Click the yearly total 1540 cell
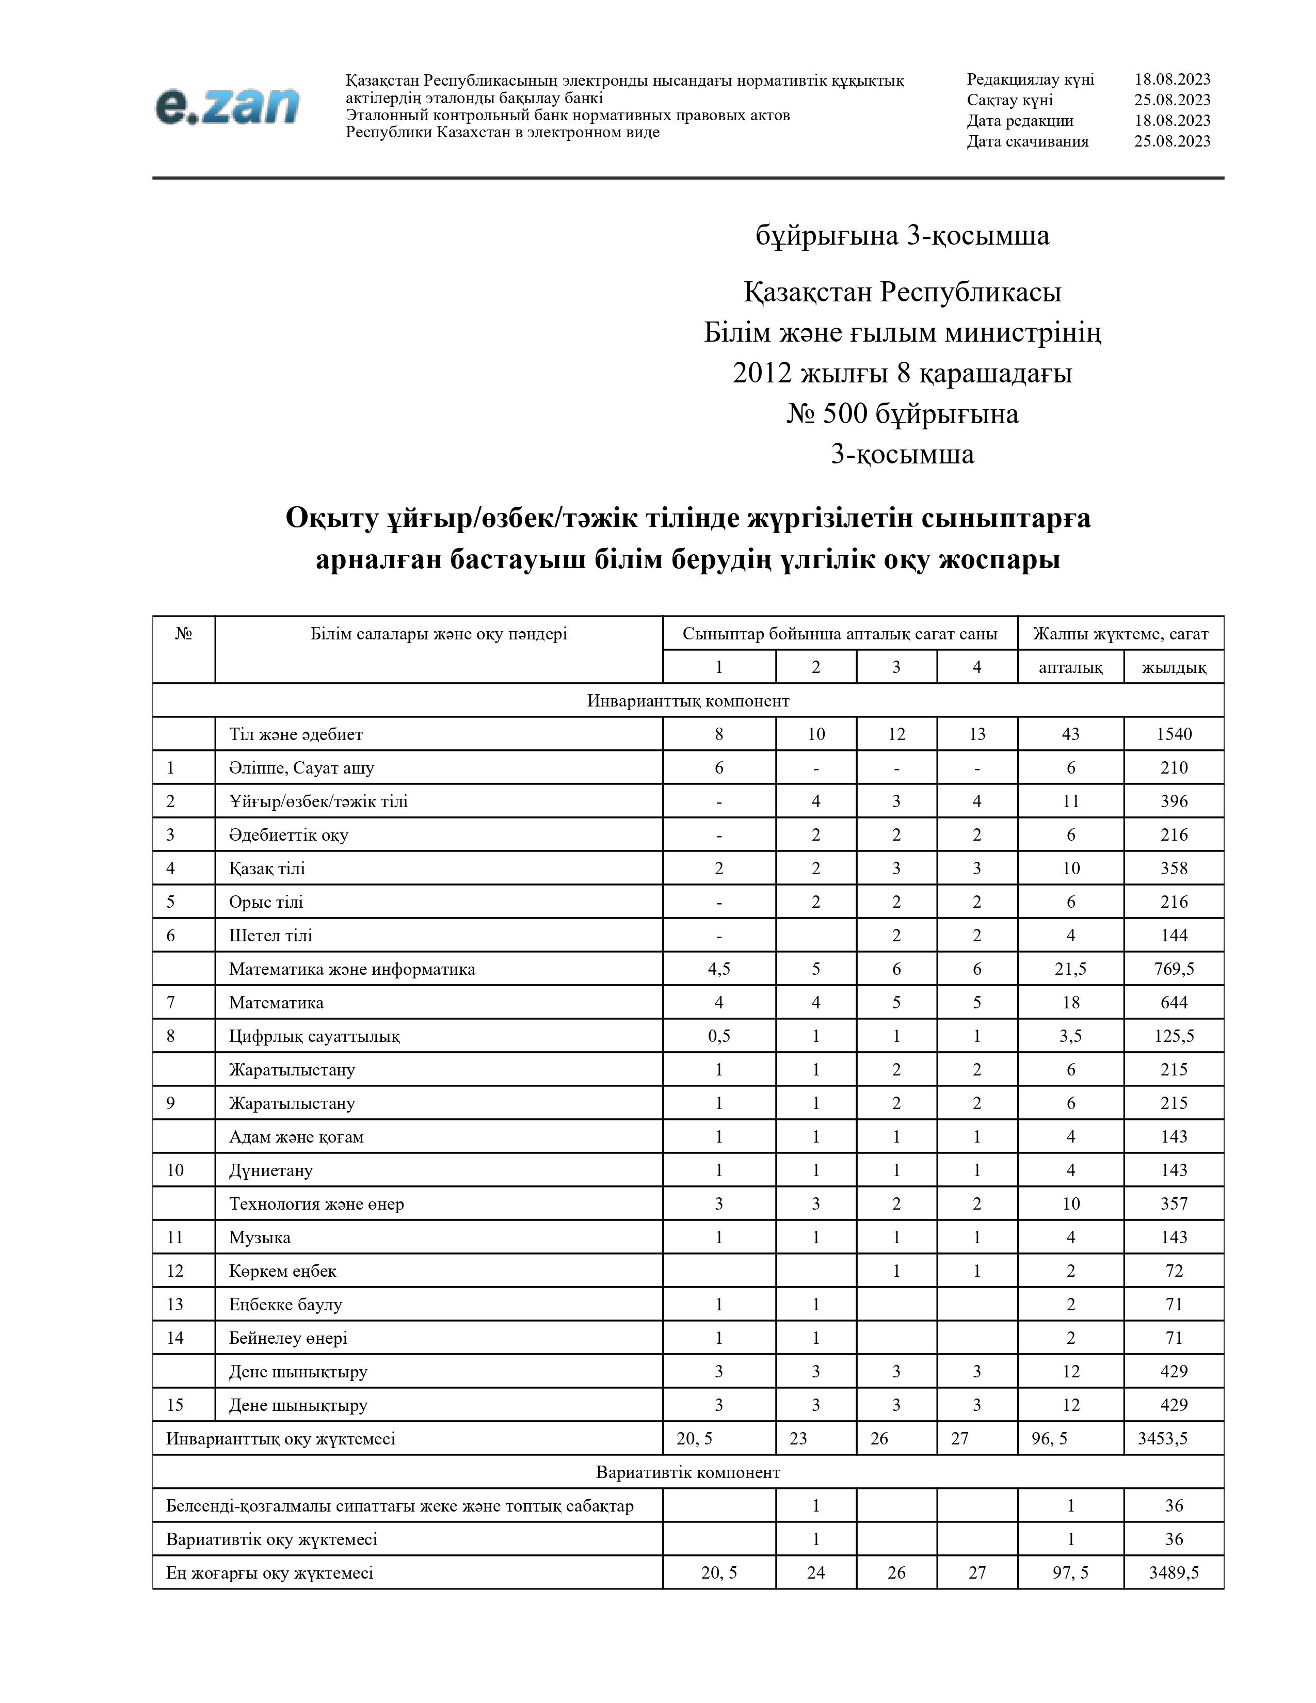click(1174, 734)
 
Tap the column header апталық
click(1070, 667)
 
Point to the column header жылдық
click(1174, 667)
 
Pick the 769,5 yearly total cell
click(1174, 969)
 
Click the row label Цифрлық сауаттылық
click(314, 1036)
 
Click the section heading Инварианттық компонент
click(687, 700)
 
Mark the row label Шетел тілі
click(270, 935)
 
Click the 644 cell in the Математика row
click(1174, 1002)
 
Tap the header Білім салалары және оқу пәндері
click(438, 633)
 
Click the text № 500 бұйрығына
click(902, 413)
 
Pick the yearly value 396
click(1174, 801)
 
